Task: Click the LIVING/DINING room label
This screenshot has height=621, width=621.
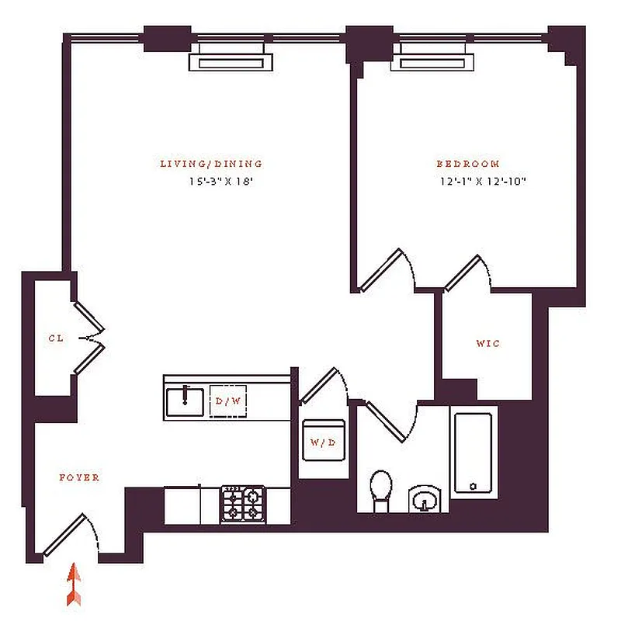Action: pos(211,164)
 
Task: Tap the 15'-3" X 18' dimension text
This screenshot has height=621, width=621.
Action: pos(222,182)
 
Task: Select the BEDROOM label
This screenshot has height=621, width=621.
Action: pos(467,164)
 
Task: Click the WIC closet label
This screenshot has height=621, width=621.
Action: pos(487,343)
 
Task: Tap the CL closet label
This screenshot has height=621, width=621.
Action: pos(55,338)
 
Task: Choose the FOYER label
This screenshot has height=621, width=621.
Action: pos(79,477)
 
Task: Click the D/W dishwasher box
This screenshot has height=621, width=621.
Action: pos(228,401)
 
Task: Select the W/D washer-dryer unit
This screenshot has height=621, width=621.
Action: pos(322,442)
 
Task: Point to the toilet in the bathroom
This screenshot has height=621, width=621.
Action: pos(381,489)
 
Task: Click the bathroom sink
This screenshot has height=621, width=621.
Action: pos(424,498)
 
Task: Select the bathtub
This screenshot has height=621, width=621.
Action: pos(472,453)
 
